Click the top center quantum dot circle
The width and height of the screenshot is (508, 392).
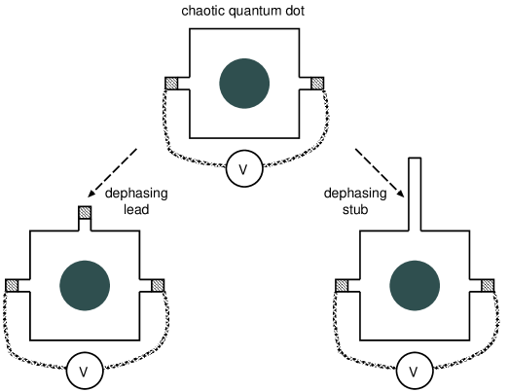(244, 85)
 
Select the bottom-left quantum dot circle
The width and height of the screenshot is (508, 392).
(85, 285)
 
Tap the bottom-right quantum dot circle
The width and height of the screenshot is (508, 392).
(415, 285)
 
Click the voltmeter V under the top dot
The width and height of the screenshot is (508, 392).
(243, 171)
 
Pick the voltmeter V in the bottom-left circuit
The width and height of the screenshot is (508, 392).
(84, 371)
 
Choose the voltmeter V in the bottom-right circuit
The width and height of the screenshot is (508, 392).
(415, 371)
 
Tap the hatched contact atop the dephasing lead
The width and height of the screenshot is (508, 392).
(85, 213)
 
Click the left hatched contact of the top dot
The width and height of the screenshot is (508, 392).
(173, 85)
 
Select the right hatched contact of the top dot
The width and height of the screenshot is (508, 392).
(315, 85)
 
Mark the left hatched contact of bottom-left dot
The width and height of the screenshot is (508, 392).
(13, 285)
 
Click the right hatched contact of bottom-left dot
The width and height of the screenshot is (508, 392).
(158, 285)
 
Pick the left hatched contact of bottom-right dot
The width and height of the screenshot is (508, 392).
(343, 285)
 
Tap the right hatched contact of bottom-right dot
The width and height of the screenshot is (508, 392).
(487, 285)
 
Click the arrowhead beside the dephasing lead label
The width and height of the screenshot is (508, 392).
(93, 194)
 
